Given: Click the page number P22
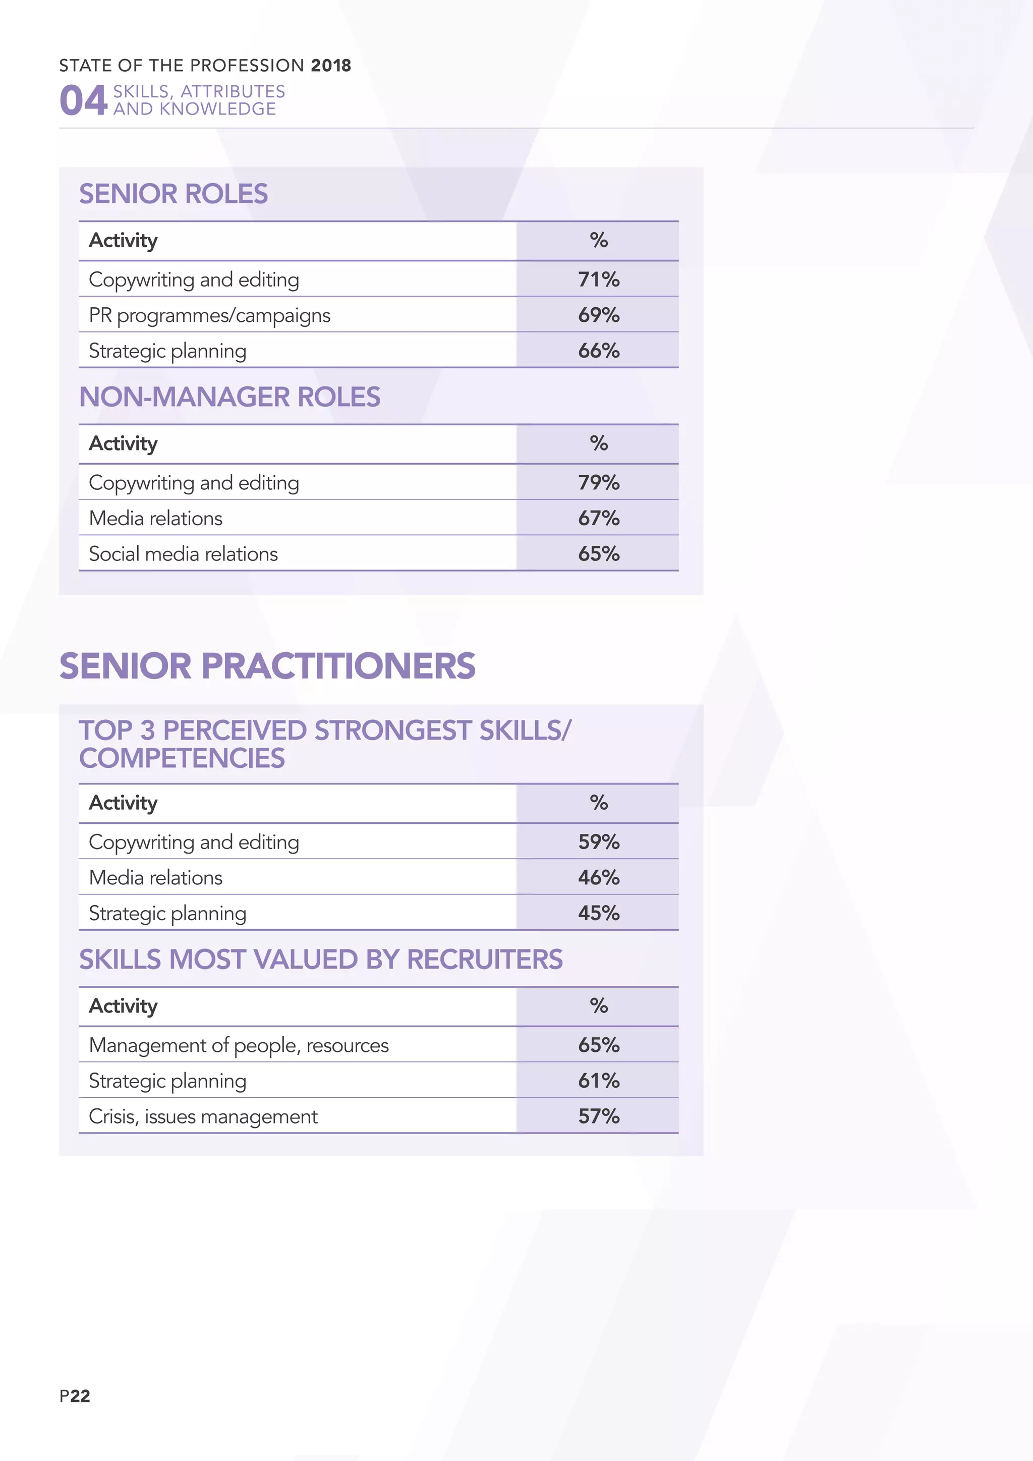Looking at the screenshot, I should pyautogui.click(x=75, y=1395).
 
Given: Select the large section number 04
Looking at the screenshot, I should pyautogui.click(x=83, y=100).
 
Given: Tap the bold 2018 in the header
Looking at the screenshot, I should pyautogui.click(x=331, y=66).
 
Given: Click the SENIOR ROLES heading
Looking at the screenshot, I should pyautogui.click(x=173, y=194).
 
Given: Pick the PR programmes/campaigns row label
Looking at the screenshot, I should pyautogui.click(x=209, y=315).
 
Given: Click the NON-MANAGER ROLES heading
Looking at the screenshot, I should pyautogui.click(x=229, y=397).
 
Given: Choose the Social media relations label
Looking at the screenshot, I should pyautogui.click(x=183, y=553).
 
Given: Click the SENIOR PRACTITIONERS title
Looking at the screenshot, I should pyautogui.click(x=267, y=666).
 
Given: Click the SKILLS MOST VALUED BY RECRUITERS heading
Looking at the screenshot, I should pyautogui.click(x=321, y=960).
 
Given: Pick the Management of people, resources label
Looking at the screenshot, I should pyautogui.click(x=239, y=1045).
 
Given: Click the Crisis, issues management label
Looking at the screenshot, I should pyautogui.click(x=203, y=1116).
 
